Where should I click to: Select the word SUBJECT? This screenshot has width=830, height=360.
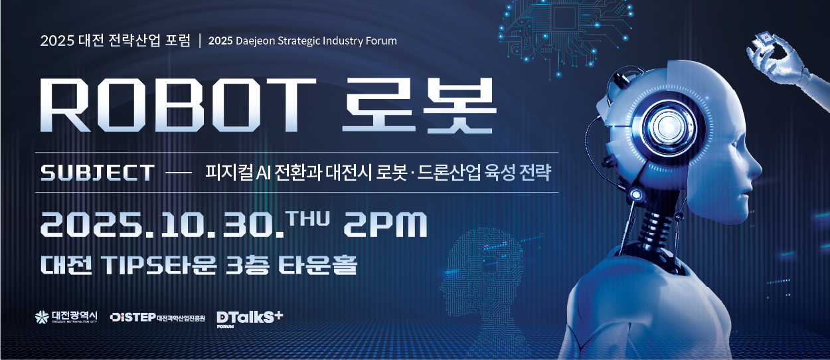point(98,173)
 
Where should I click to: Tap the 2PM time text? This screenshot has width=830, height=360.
point(385,226)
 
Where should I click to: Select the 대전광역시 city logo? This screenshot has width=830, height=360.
point(67,317)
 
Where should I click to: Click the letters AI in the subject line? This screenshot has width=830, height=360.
point(265,173)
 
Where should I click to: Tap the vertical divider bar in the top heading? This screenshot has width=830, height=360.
point(200,41)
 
